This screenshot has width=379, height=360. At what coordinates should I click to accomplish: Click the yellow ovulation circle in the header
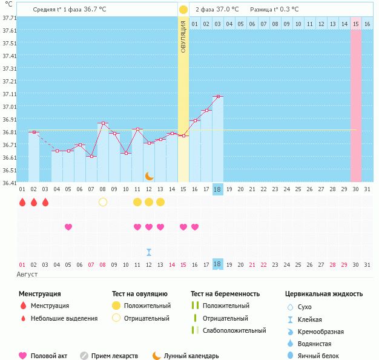[x=183, y=10]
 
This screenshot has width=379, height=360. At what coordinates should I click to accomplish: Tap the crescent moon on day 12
[x=149, y=175]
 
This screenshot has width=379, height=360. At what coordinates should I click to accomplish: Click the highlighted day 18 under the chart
[x=218, y=264]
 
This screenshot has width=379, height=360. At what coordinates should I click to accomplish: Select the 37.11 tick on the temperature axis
[x=9, y=95]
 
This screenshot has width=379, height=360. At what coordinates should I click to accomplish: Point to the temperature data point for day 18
[x=218, y=96]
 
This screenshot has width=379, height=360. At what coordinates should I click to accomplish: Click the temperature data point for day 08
[x=103, y=123]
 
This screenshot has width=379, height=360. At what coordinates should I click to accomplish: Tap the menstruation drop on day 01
[x=22, y=202]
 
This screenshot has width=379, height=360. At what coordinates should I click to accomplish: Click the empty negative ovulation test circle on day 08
[x=103, y=202]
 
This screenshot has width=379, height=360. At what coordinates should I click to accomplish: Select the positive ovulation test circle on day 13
[x=160, y=202]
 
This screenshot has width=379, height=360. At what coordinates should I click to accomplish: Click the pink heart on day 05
[x=68, y=227]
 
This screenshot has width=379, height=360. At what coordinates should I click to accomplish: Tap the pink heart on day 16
[x=195, y=227]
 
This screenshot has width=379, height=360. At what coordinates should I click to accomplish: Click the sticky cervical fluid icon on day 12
[x=149, y=252]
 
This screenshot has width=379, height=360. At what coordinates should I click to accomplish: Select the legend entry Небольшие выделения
[x=64, y=318]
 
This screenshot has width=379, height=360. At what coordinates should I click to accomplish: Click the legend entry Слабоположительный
[x=234, y=330]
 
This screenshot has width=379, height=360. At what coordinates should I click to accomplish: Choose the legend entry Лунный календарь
[x=191, y=356]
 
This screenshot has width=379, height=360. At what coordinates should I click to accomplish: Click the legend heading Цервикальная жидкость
[x=324, y=294]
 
